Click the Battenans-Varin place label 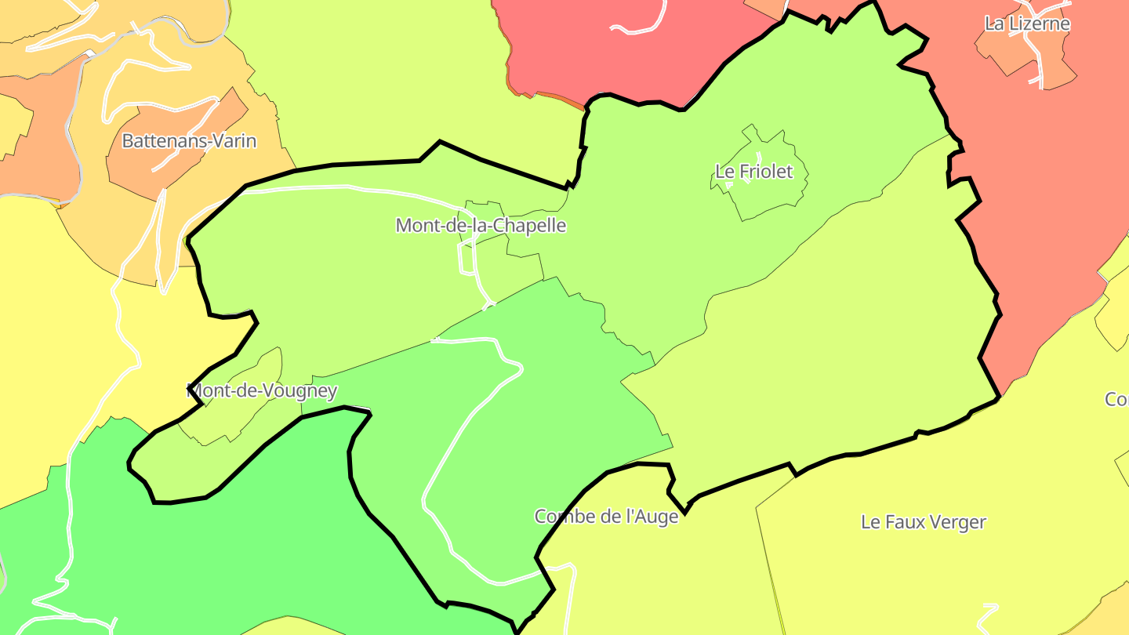tap(189, 141)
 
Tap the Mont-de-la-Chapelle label tap(481, 226)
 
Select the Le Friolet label tap(754, 171)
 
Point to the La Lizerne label tap(1027, 24)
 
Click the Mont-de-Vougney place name tap(263, 390)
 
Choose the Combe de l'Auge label tap(606, 517)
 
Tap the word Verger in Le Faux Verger tap(957, 521)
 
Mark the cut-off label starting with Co tap(1116, 399)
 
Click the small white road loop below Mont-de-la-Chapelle tap(466, 259)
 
